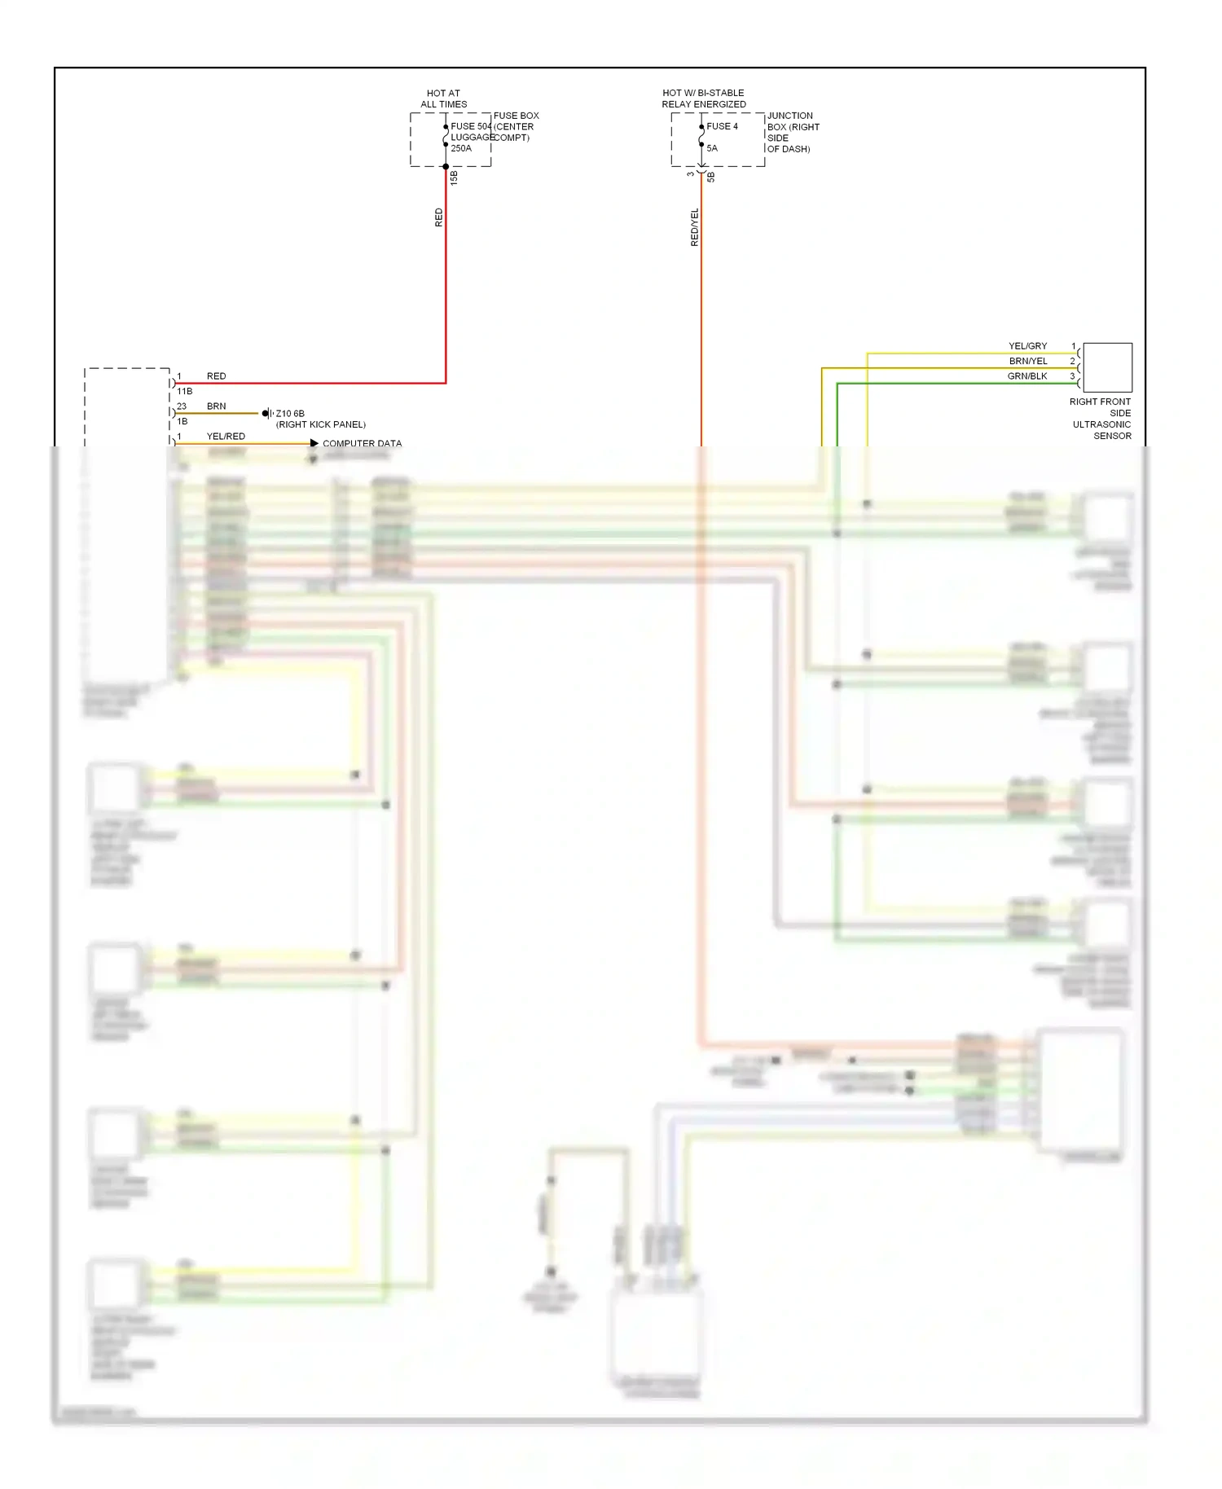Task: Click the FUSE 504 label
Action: click(471, 126)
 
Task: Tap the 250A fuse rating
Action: click(461, 148)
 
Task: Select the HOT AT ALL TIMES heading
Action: click(443, 99)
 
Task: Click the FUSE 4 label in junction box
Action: click(722, 126)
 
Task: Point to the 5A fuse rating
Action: click(712, 148)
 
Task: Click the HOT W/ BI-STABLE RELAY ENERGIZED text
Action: click(703, 99)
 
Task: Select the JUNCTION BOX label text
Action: click(792, 132)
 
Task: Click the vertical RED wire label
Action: click(439, 217)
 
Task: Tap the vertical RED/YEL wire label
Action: click(695, 227)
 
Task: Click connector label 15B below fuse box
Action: click(455, 178)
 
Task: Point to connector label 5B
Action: click(711, 177)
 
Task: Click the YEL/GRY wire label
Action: click(1027, 346)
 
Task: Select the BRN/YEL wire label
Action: click(1027, 361)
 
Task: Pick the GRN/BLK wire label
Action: click(1026, 376)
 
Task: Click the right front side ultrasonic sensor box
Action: click(1107, 367)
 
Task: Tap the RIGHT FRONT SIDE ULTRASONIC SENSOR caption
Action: click(1101, 419)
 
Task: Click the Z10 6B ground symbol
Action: click(267, 414)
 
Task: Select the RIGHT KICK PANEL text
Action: click(321, 424)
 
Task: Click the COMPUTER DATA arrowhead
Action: click(314, 443)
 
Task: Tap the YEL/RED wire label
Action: click(226, 437)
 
